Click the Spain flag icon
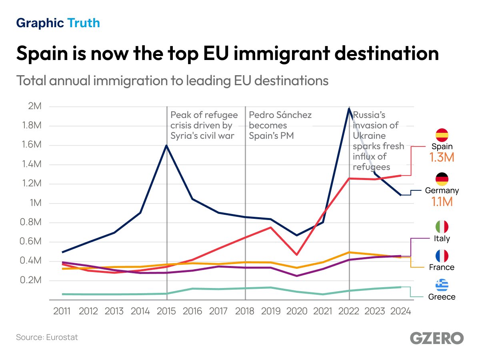(442, 135)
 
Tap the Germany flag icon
(442, 179)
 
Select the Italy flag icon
(442, 227)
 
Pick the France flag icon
(442, 256)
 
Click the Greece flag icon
(442, 285)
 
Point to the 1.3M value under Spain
(442, 158)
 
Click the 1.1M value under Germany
(442, 202)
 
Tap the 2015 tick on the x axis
(166, 311)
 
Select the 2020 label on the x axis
(297, 311)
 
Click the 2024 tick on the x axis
(401, 311)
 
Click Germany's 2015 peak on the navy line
(166, 146)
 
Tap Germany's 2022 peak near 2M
(349, 109)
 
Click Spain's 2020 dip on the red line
(297, 254)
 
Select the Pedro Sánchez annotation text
(280, 125)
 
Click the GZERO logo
(437, 338)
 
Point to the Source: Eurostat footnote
(47, 337)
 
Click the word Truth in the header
(84, 23)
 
